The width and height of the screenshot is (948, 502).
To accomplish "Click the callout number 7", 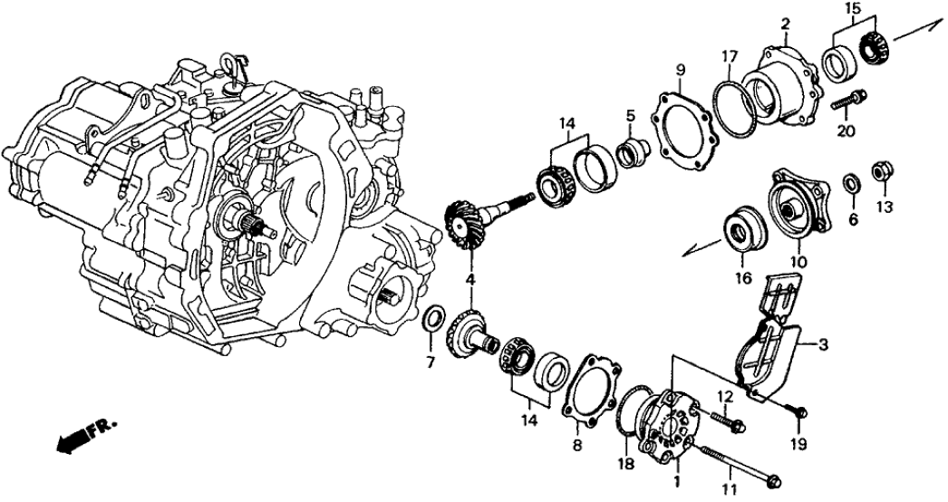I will (x=431, y=363).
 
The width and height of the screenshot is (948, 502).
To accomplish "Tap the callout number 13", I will (x=885, y=208).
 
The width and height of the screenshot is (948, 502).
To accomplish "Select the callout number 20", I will (x=846, y=131).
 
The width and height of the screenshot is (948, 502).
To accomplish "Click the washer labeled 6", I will (x=851, y=183).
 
